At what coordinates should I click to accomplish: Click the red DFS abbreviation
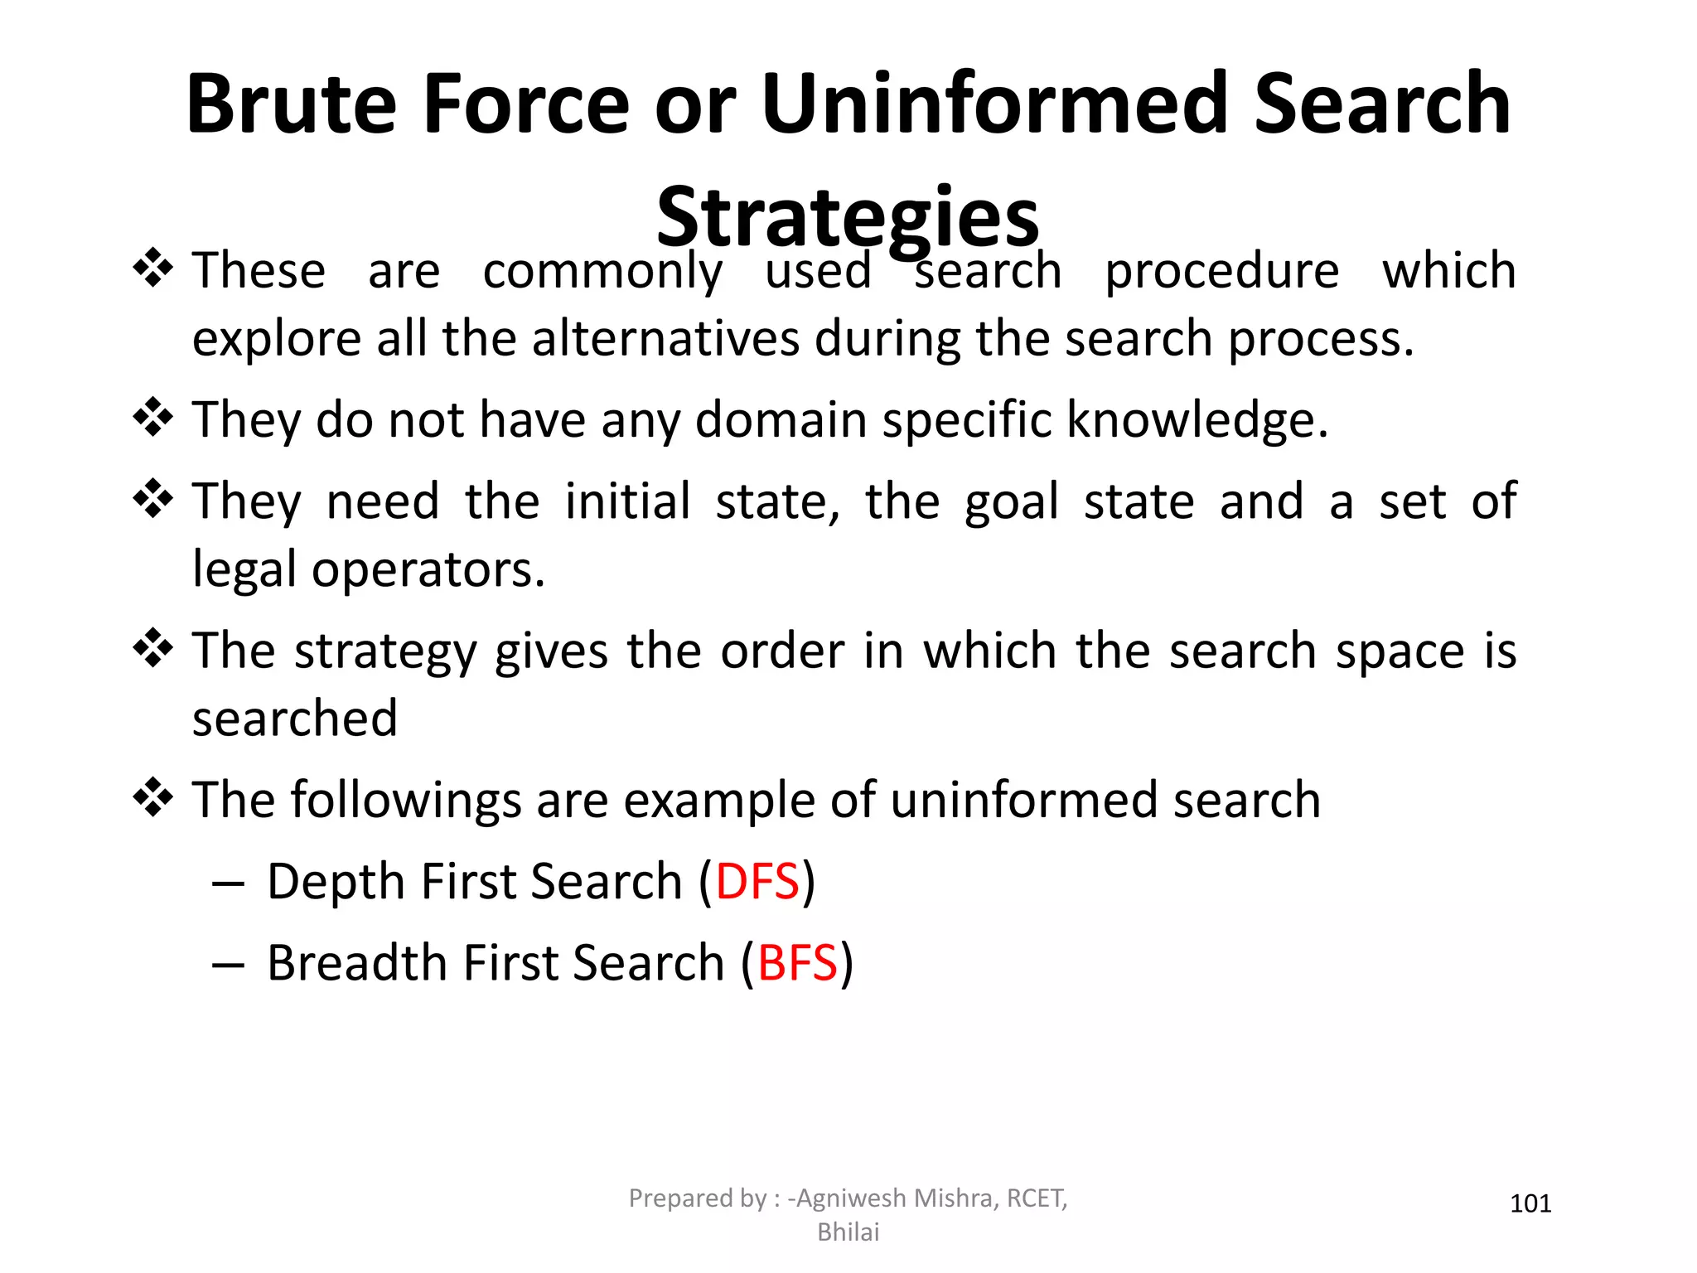tap(757, 881)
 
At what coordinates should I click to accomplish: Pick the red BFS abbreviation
tap(797, 963)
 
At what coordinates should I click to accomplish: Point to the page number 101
tap(1530, 1203)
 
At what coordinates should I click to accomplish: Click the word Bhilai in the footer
tap(848, 1232)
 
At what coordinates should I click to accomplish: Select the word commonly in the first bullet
tap(602, 272)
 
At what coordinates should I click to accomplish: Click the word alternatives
tap(665, 340)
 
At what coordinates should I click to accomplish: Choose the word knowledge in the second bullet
tap(1197, 419)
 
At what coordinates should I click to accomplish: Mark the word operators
tap(428, 570)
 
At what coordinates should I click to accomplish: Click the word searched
tap(295, 719)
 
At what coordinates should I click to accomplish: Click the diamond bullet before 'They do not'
tap(153, 417)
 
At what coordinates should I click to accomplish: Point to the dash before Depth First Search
tap(228, 884)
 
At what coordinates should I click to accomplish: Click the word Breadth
tap(357, 963)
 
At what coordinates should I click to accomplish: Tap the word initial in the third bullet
tap(627, 501)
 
